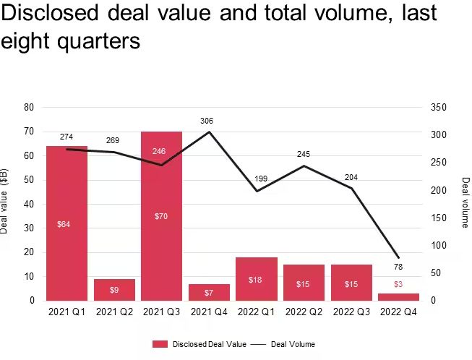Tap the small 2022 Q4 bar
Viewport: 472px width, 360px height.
pyautogui.click(x=398, y=296)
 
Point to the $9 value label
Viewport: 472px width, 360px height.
pyautogui.click(x=114, y=290)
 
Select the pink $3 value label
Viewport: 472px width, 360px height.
pyautogui.click(x=398, y=284)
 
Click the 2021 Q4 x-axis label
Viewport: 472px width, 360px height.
pyautogui.click(x=209, y=312)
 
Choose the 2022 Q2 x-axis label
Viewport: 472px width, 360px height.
pyautogui.click(x=303, y=312)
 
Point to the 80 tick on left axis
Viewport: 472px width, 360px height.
pyautogui.click(x=30, y=107)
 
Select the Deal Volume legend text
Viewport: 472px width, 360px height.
pyautogui.click(x=293, y=344)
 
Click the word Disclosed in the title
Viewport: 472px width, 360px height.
pyautogui.click(x=59, y=13)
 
